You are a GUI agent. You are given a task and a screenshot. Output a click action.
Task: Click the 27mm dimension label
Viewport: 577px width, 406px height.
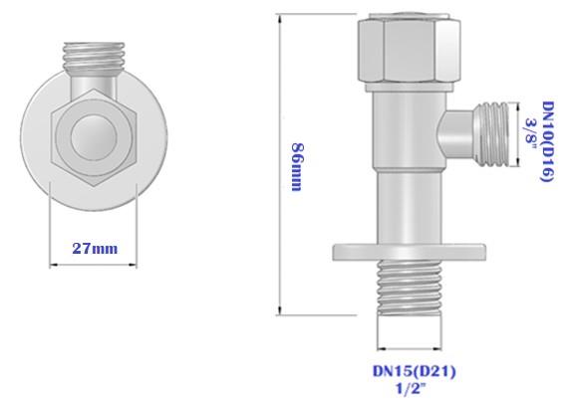point(96,248)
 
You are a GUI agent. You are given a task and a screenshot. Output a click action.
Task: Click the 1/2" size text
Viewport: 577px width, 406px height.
point(411,388)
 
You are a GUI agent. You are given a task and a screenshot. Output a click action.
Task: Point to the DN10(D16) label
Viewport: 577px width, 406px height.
point(546,139)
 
